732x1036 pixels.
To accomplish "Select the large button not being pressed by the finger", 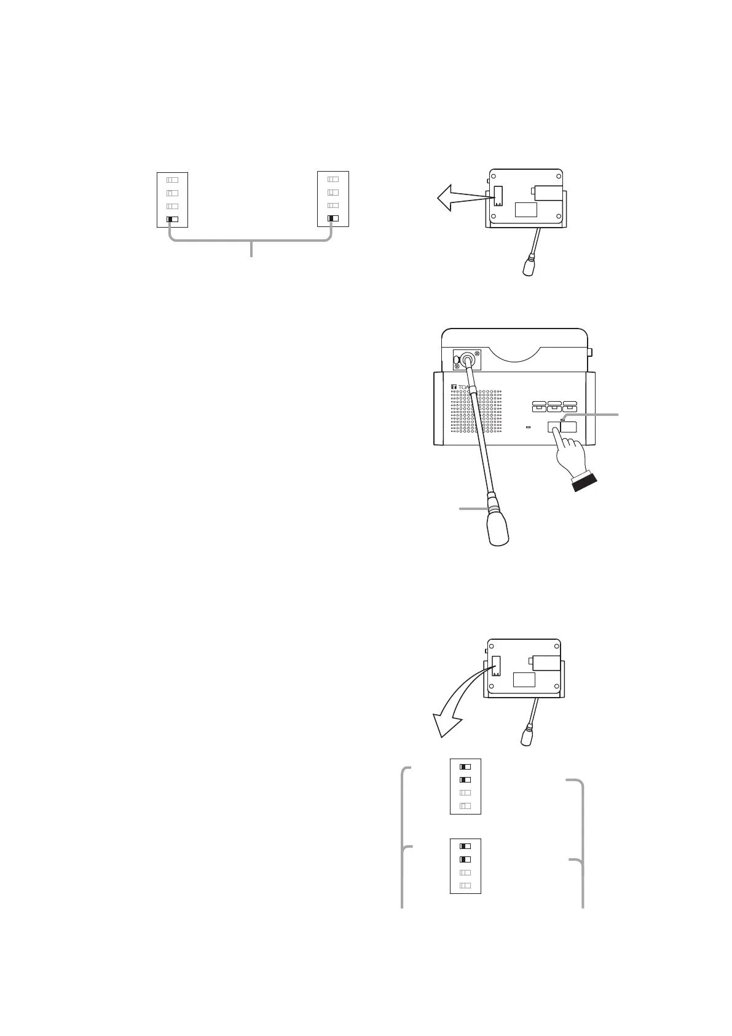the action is [x=569, y=426].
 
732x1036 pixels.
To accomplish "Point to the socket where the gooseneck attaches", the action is [x=467, y=359].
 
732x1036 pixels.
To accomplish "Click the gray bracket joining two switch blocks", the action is [x=251, y=241].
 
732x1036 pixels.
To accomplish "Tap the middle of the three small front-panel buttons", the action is [x=554, y=406].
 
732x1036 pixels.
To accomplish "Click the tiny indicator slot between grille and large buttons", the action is [x=529, y=426].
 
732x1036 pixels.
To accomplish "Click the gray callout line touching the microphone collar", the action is [x=473, y=508].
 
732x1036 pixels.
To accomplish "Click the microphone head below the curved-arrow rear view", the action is [x=527, y=736].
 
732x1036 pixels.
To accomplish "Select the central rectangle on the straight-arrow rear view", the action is [x=525, y=209].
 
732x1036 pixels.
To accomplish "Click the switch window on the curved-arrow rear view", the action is [x=497, y=666].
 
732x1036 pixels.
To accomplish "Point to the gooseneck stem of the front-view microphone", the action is [x=479, y=431].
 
